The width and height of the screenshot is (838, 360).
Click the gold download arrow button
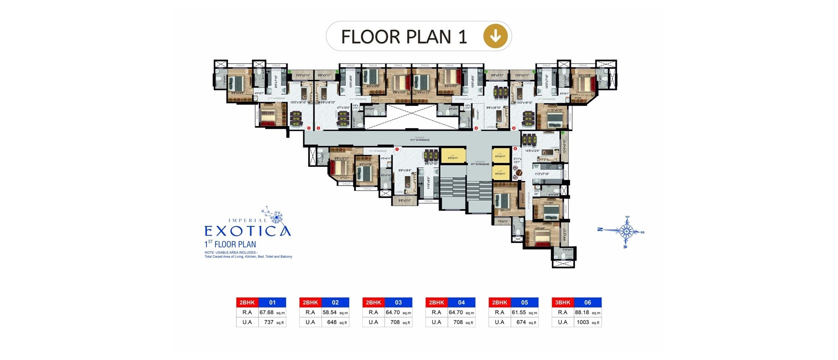pyautogui.click(x=495, y=36)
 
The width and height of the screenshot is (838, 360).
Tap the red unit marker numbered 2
pyautogui.click(x=309, y=128)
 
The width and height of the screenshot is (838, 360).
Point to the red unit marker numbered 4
pyautogui.click(x=476, y=128)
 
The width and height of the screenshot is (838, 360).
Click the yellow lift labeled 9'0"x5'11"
pyautogui.click(x=453, y=156)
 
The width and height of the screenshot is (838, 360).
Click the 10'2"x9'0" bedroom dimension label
pyautogui.click(x=268, y=113)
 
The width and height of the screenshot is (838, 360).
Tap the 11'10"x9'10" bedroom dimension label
pyautogui.click(x=554, y=110)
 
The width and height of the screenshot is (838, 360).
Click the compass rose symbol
pyautogui.click(x=626, y=231)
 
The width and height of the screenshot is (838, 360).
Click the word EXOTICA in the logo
pyautogui.click(x=247, y=231)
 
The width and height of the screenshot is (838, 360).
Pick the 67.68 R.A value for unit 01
pyautogui.click(x=266, y=312)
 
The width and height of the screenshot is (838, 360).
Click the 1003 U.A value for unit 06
pyautogui.click(x=582, y=322)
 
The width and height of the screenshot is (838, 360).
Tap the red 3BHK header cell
pyautogui.click(x=562, y=302)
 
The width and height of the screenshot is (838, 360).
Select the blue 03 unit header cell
pyautogui.click(x=398, y=302)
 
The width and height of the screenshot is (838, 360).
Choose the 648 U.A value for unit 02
pyautogui.click(x=331, y=322)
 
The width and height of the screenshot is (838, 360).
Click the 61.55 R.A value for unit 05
pyautogui.click(x=519, y=312)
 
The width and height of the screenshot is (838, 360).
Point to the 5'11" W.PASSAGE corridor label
pyautogui.click(x=419, y=140)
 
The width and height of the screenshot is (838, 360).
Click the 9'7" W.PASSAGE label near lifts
pyautogui.click(x=480, y=163)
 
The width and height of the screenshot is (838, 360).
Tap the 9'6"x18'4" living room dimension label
pyautogui.click(x=405, y=171)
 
